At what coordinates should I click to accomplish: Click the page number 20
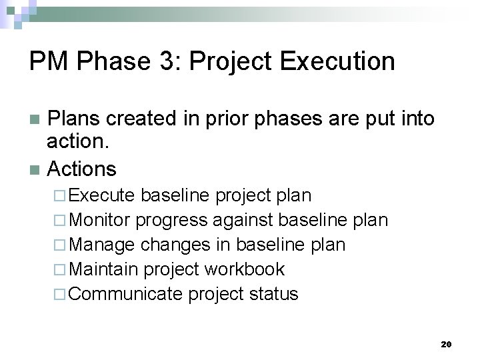tap(446, 345)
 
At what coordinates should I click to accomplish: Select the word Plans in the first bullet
tap(73, 119)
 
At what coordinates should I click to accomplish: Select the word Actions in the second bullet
tap(81, 169)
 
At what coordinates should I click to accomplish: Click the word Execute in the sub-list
tap(103, 195)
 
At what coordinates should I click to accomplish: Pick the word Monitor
tap(102, 220)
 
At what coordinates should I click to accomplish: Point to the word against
tap(245, 220)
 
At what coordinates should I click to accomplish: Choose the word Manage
tap(102, 245)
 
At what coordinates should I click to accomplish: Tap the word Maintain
tap(104, 269)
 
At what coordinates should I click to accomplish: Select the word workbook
tap(245, 269)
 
